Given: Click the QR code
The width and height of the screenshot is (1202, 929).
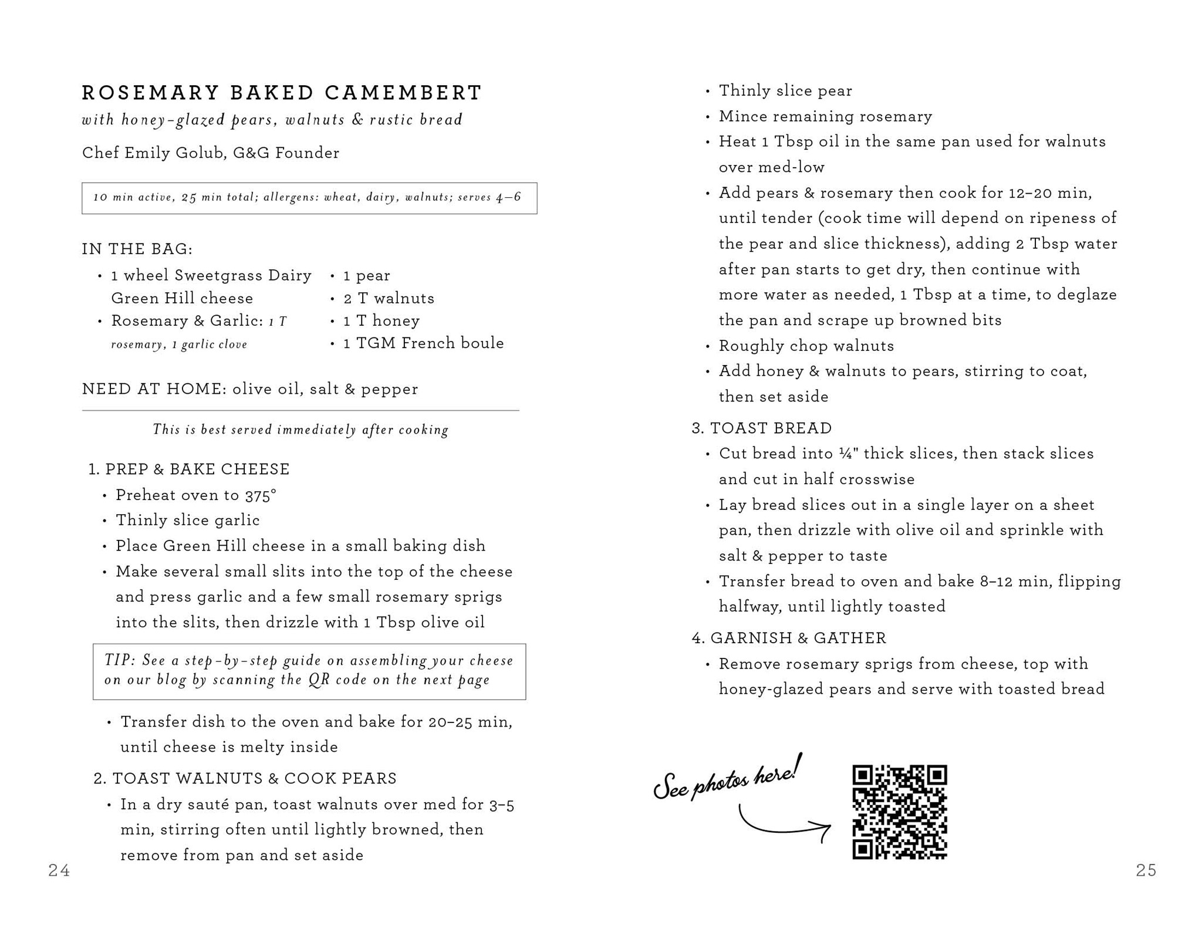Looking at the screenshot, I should [x=899, y=812].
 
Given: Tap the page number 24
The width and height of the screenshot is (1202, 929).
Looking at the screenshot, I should [x=59, y=870].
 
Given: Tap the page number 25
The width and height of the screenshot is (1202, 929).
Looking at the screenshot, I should [x=1146, y=870].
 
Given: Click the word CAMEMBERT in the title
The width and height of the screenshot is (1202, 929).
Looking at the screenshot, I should [x=403, y=93].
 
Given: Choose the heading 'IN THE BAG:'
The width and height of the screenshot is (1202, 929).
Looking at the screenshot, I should [x=137, y=249].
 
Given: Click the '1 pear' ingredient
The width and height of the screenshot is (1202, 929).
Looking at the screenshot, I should [x=367, y=275].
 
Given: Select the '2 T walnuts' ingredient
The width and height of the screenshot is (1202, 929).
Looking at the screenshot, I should [x=389, y=298].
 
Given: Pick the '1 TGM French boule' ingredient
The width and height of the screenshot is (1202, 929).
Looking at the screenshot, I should [x=423, y=343].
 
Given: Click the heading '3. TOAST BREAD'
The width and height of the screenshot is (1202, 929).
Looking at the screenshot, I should [x=761, y=428].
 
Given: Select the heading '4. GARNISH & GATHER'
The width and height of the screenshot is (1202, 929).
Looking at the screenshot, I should [x=789, y=638].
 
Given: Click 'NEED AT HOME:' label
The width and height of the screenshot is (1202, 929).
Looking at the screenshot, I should [x=154, y=389].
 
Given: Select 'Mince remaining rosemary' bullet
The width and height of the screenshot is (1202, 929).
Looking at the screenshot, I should [x=825, y=116].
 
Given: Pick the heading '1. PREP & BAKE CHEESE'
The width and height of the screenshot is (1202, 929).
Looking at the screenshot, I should [x=189, y=469].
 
